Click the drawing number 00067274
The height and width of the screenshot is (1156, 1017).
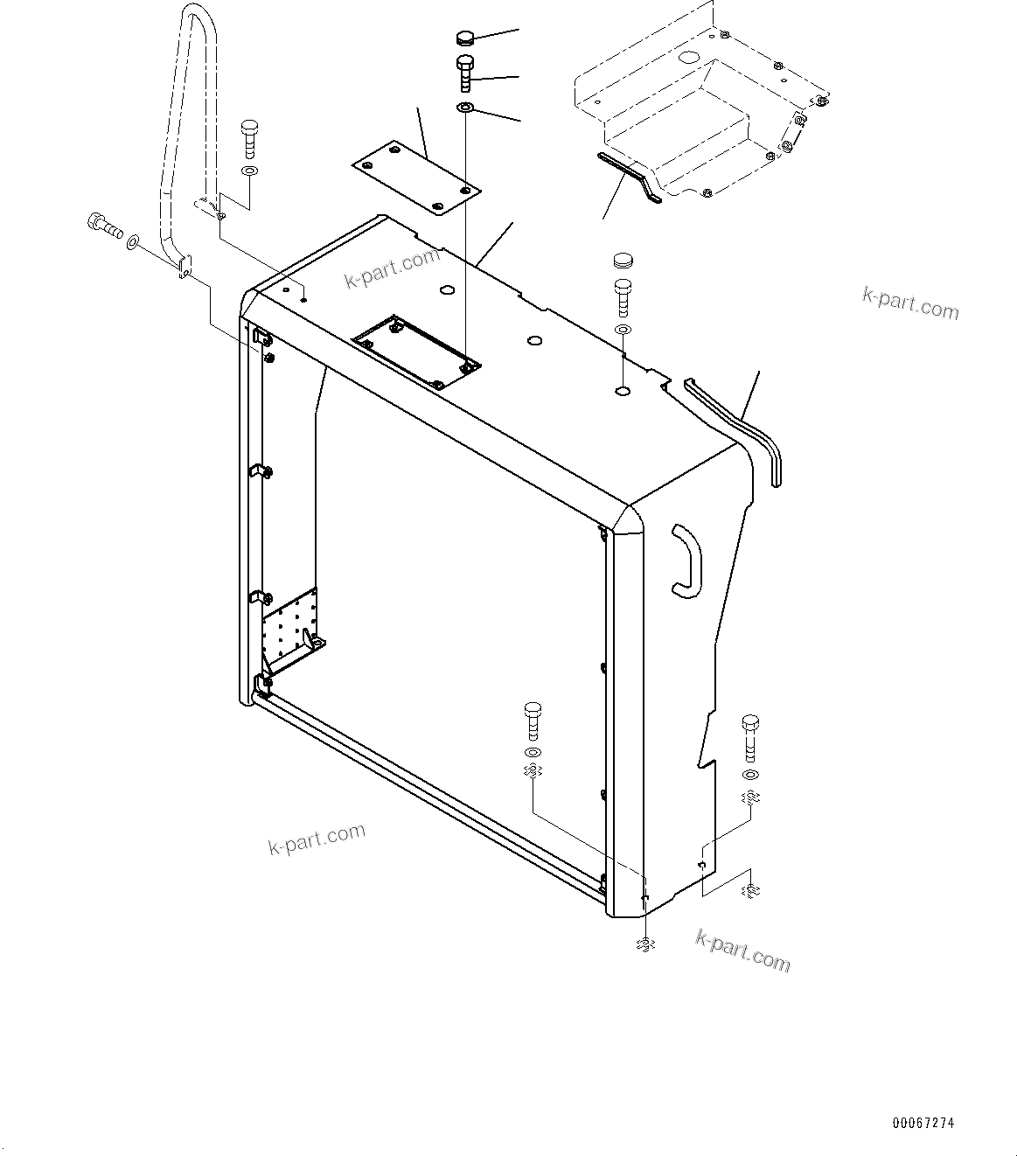pos(923,1123)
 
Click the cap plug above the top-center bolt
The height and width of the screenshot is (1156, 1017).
pos(465,38)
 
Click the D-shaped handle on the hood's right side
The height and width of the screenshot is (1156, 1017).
pos(684,561)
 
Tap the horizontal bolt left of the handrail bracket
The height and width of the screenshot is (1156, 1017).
pos(102,226)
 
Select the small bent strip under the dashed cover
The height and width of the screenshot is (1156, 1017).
pos(629,175)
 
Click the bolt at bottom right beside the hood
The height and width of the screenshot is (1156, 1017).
pos(750,737)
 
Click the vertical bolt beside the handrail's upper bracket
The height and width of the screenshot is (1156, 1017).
pos(248,138)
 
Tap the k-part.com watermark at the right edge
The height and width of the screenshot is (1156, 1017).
pos(909,304)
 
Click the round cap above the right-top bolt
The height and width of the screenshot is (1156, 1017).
pos(623,260)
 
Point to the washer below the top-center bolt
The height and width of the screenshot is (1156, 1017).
pos(465,108)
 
